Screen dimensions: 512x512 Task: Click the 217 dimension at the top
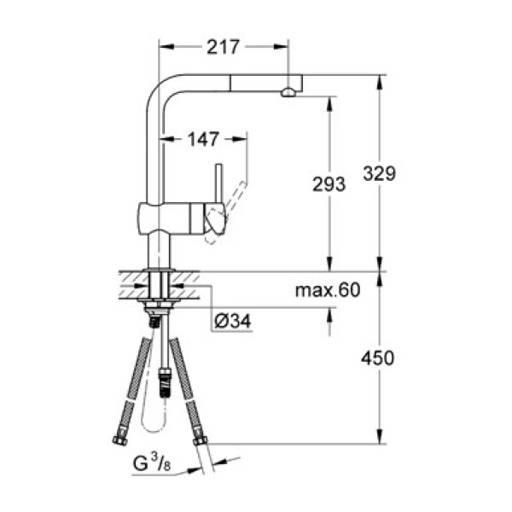point(222,46)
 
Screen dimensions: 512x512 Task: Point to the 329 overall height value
point(381,173)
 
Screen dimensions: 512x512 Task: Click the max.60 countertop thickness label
point(328,291)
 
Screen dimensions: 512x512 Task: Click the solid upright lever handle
point(218,183)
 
